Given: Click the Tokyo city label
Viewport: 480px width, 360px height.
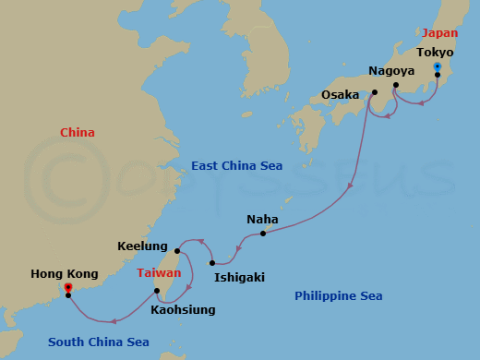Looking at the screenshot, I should coord(435,53).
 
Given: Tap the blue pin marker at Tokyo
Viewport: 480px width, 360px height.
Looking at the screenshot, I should coord(438,67).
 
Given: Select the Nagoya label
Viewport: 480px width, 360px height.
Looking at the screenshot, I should coord(390,70).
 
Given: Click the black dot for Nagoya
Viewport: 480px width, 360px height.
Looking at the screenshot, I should coord(396,86).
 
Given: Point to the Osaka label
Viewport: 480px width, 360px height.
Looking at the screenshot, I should coord(340,94).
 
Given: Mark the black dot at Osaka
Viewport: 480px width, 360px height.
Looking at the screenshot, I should coord(375,92).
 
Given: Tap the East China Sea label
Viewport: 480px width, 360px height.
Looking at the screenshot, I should coord(236,166).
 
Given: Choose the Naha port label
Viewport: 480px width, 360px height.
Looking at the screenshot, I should coord(262,220).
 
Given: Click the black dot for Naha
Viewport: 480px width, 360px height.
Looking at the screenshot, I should coord(263,234).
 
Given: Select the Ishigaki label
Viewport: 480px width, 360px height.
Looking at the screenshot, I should coord(237,276).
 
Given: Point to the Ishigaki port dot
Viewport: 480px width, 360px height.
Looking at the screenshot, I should coord(212,263).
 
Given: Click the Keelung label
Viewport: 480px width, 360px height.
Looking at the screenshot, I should coord(142,246).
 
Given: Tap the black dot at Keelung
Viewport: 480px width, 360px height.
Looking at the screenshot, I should coord(176,250).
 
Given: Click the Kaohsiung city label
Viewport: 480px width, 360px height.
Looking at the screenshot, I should coord(183,310).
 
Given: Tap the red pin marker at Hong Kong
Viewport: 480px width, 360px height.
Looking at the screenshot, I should coord(68,288).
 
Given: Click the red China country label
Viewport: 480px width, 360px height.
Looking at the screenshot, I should coord(78,133).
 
